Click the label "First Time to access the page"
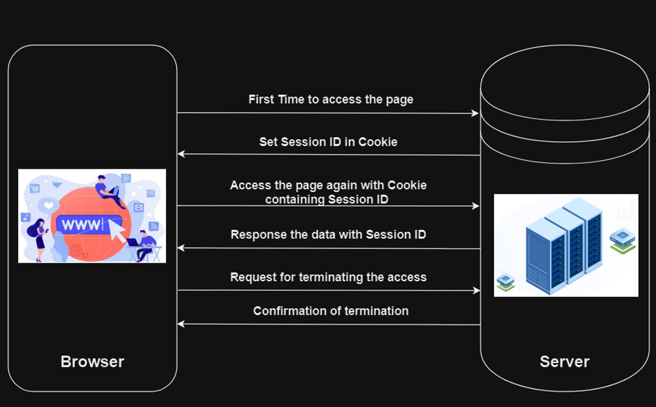point(331,100)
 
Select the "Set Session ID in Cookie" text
point(328,142)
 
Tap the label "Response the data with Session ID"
point(328,235)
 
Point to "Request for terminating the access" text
point(328,277)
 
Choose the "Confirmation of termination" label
point(331,311)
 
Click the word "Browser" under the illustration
point(92,362)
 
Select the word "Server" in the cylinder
point(564,362)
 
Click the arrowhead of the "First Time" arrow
point(476,113)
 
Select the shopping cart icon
point(35,188)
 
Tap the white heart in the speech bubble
point(47,205)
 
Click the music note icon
point(26,217)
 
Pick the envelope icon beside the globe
point(139,207)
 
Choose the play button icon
point(126,178)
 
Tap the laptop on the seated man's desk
point(133,242)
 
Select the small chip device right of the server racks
point(622,240)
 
